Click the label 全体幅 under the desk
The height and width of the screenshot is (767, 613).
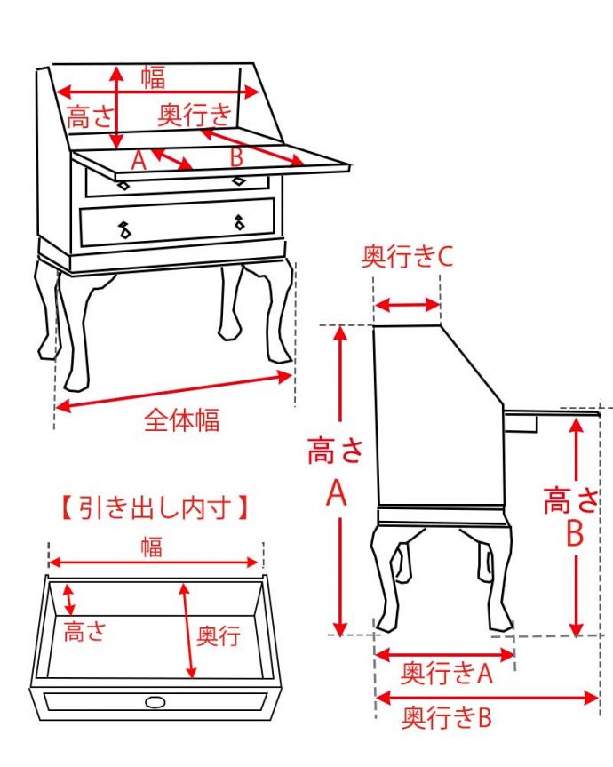[x=181, y=420]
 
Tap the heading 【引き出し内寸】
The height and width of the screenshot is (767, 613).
[x=155, y=507]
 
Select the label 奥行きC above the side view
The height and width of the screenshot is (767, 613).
[x=407, y=256]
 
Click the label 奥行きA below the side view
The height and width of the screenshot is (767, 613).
[x=447, y=673]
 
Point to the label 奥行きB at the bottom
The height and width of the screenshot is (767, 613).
[x=447, y=717]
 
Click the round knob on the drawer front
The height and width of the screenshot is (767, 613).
[x=155, y=702]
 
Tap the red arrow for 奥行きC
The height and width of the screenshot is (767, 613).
[x=407, y=305]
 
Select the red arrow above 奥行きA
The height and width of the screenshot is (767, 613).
[x=445, y=653]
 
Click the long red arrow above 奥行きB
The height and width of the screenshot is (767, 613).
[x=488, y=697]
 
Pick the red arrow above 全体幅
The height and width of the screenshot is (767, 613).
[x=173, y=391]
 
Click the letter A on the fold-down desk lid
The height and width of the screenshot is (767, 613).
[x=139, y=160]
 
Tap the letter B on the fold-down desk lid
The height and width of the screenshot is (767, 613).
[x=236, y=157]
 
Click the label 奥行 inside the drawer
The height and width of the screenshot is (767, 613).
[x=218, y=635]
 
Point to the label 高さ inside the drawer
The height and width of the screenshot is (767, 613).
[x=85, y=630]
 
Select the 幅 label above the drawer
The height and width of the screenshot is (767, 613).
[x=152, y=547]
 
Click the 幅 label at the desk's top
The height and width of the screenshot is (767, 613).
[x=154, y=78]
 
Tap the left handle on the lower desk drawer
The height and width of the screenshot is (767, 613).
[x=124, y=229]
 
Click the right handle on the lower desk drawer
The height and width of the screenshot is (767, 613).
[x=239, y=222]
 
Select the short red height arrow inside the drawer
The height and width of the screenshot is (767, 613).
[x=69, y=599]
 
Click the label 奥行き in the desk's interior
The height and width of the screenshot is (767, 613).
[x=195, y=116]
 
